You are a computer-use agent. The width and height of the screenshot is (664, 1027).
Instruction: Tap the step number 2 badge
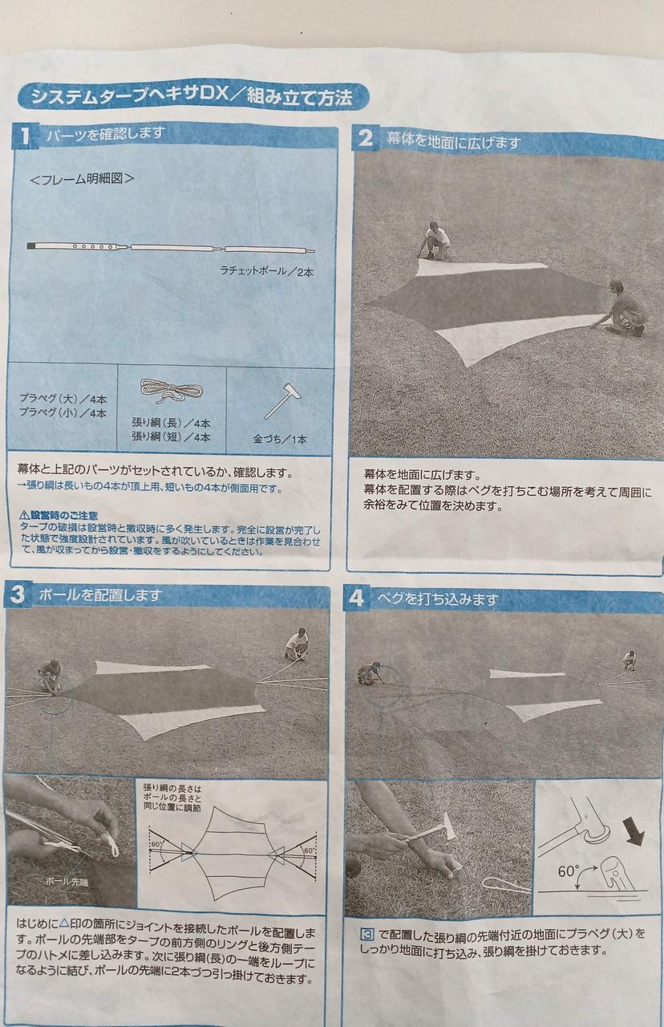(365, 138)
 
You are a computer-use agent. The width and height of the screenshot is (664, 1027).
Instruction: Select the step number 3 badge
(17, 595)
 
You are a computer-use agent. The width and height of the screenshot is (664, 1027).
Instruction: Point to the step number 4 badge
(356, 599)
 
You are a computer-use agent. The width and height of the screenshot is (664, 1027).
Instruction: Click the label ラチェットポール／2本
(267, 271)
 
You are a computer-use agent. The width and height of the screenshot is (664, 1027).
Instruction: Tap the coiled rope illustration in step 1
(172, 391)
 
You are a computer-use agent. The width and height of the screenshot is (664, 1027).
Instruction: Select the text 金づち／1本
(280, 439)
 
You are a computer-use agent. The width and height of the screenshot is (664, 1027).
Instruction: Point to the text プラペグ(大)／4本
(63, 398)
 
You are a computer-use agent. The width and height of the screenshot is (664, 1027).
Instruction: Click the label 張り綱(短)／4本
(171, 436)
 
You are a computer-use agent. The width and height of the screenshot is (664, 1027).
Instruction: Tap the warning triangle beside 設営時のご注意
(25, 515)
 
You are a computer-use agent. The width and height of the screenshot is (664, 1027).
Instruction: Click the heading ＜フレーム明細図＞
(83, 178)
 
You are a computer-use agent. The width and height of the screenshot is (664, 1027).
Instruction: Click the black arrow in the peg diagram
(634, 830)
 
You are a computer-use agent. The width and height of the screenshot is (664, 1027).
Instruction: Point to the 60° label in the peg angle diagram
(569, 871)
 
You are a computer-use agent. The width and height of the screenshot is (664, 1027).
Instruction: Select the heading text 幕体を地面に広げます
(453, 140)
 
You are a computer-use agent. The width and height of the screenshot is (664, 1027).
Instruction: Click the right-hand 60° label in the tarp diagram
(310, 850)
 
